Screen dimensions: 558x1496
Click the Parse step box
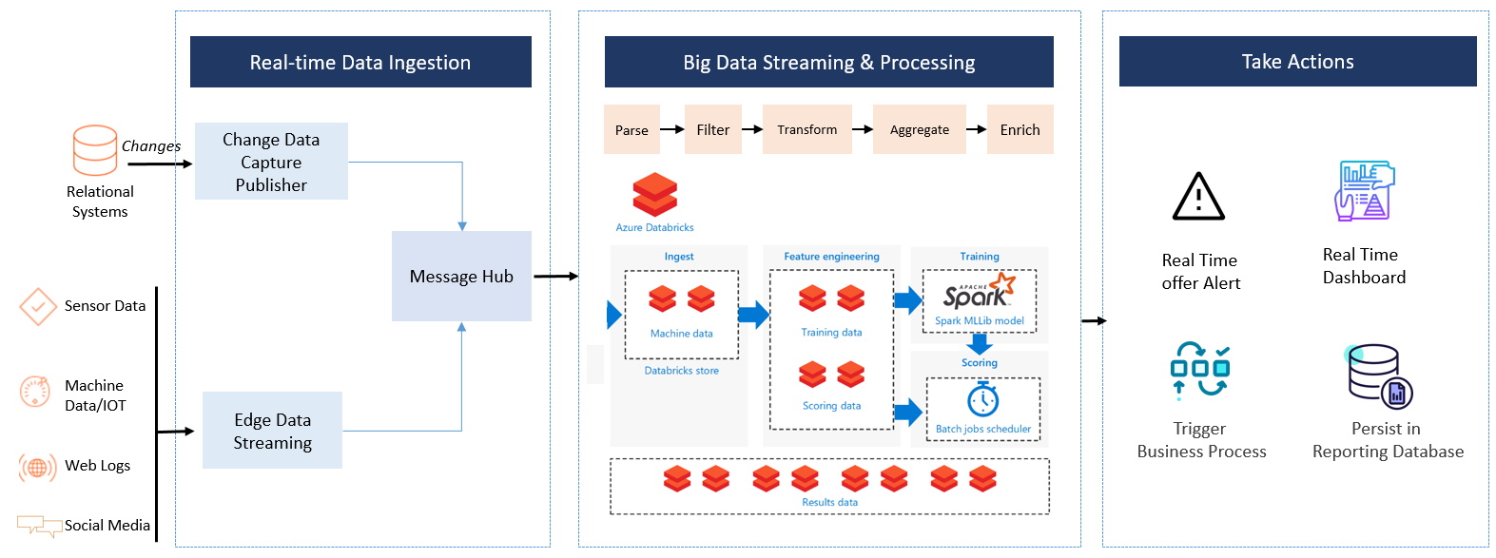pyautogui.click(x=631, y=129)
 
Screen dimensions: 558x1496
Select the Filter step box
pyautogui.click(x=712, y=129)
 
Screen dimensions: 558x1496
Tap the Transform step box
pyautogui.click(x=806, y=129)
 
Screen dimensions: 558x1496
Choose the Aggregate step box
pyautogui.click(x=919, y=129)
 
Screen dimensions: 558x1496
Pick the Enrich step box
pyautogui.click(x=1020, y=129)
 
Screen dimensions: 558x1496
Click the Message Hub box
pyautogui.click(x=461, y=276)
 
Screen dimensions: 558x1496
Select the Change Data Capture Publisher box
pyautogui.click(x=271, y=162)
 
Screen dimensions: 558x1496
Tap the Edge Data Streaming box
pyautogui.click(x=272, y=431)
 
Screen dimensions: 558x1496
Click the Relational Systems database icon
pyautogui.click(x=95, y=150)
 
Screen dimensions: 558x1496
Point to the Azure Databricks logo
pyautogui.click(x=655, y=195)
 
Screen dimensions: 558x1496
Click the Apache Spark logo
pyautogui.click(x=979, y=292)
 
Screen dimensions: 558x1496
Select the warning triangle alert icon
pyautogui.click(x=1198, y=197)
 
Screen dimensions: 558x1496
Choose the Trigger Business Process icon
pyautogui.click(x=1200, y=369)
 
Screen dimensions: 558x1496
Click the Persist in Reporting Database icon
pyautogui.click(x=1379, y=375)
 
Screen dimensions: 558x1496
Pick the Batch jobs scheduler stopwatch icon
pyautogui.click(x=982, y=400)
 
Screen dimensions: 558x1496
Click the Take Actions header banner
pyautogui.click(x=1297, y=62)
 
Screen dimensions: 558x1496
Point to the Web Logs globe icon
pyautogui.click(x=36, y=467)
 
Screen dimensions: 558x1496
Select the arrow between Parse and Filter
pyautogui.click(x=671, y=129)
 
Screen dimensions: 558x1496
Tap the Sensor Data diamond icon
pyautogui.click(x=38, y=307)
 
